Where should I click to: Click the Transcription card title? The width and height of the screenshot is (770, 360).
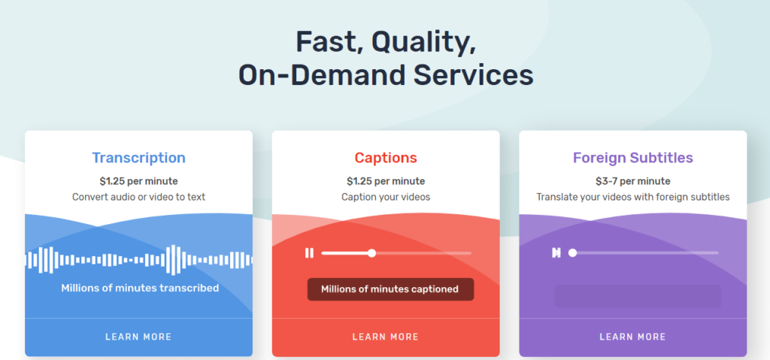click(139, 158)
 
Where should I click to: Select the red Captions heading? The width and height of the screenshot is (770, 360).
click(386, 158)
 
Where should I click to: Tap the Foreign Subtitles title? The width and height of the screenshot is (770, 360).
click(633, 158)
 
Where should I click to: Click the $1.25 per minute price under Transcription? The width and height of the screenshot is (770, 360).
click(139, 181)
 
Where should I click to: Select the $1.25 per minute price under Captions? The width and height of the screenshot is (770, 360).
click(386, 181)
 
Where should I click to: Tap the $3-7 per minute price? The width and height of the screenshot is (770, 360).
click(633, 181)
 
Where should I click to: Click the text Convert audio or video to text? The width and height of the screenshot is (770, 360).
click(139, 197)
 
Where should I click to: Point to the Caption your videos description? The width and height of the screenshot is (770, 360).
click(386, 197)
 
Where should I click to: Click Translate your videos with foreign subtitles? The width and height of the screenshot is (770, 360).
click(633, 197)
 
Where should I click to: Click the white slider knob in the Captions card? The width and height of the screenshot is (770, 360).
click(371, 253)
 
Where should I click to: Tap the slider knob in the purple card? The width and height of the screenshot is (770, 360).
click(572, 253)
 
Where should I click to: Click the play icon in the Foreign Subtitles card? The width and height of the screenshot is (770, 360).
click(556, 253)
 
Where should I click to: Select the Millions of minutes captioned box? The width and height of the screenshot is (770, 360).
click(390, 289)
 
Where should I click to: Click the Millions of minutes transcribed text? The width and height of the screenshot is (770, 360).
click(140, 288)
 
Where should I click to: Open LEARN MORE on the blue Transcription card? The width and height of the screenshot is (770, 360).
click(138, 337)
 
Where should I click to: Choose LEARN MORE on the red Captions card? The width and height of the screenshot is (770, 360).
click(386, 337)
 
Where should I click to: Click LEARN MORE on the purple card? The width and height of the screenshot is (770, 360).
click(632, 337)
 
